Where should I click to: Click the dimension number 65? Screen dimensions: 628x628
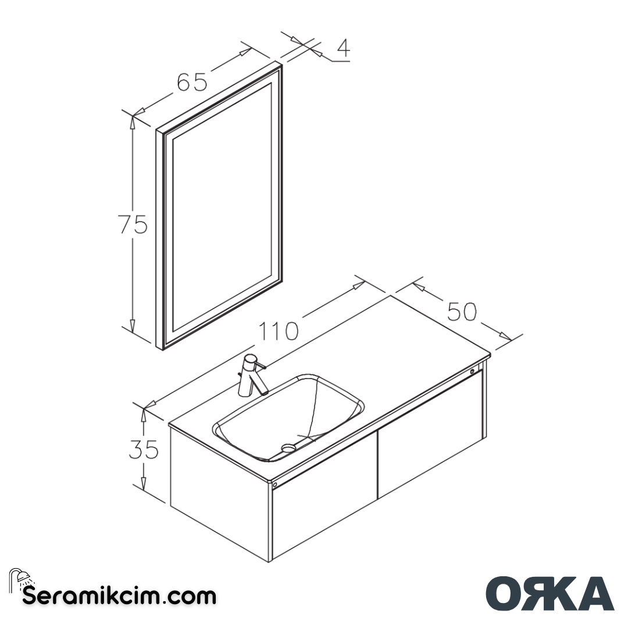tap(192, 82)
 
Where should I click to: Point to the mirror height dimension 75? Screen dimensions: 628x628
tap(133, 224)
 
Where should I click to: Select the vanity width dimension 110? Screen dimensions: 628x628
tap(279, 331)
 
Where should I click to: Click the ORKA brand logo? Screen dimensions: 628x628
tap(549, 593)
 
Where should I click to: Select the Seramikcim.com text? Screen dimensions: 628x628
tap(119, 596)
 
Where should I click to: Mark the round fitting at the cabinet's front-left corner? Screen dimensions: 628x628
tap(275, 484)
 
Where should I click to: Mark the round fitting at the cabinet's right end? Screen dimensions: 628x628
tap(473, 370)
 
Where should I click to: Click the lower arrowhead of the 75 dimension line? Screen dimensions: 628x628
tap(133, 326)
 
